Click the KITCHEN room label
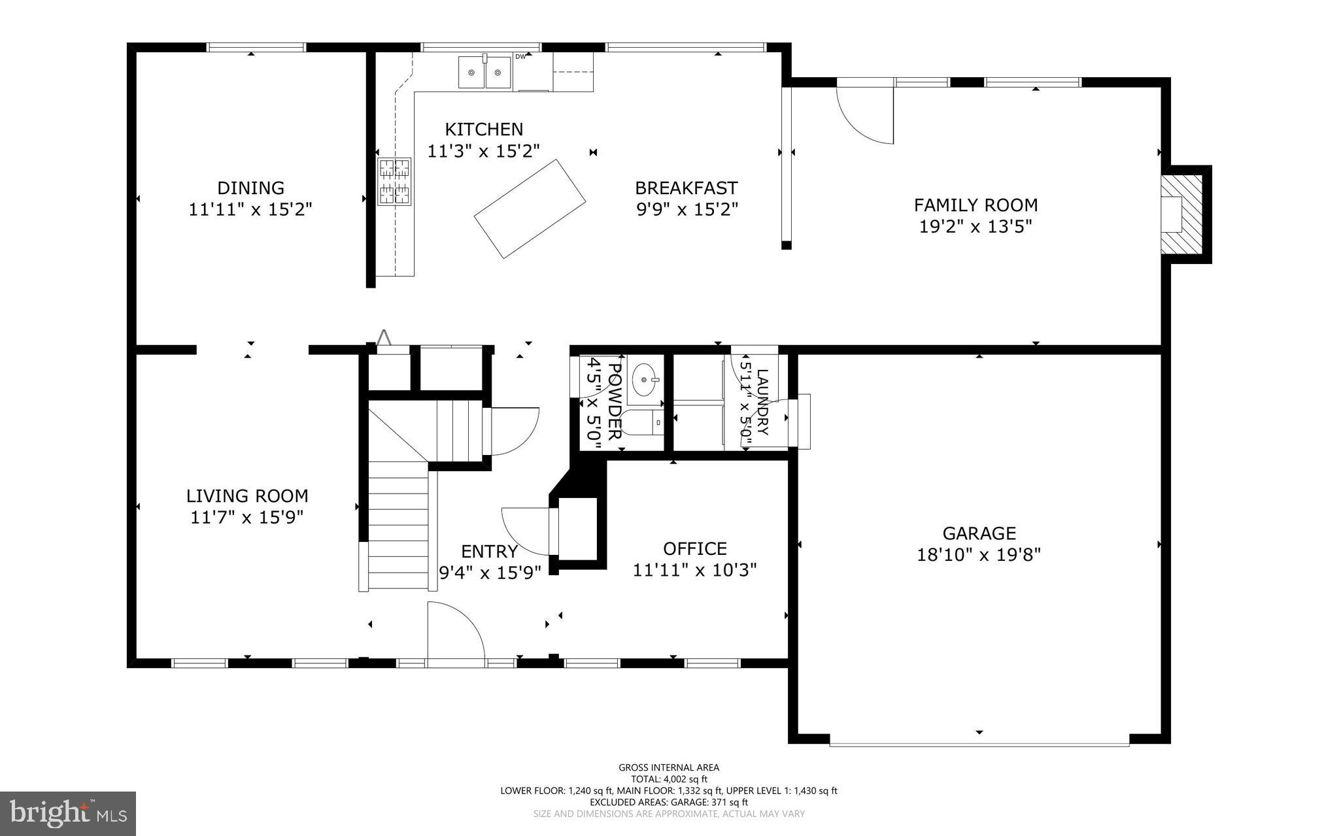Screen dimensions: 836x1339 [x=484, y=129]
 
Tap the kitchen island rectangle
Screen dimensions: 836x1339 [x=530, y=209]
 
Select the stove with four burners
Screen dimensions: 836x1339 [x=394, y=181]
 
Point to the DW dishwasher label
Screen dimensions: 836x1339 [x=520, y=57]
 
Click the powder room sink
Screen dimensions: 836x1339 [x=645, y=379]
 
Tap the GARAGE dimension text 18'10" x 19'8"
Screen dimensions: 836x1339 [x=979, y=555]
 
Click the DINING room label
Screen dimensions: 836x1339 [x=250, y=188]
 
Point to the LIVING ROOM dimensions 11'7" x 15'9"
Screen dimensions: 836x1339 [x=247, y=518]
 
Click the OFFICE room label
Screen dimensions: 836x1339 [x=694, y=548]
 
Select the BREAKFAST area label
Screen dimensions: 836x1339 [x=686, y=188]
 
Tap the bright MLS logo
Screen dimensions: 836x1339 [x=68, y=813]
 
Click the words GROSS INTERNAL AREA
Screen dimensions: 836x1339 [x=669, y=767]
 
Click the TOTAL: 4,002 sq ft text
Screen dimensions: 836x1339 [x=669, y=779]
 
